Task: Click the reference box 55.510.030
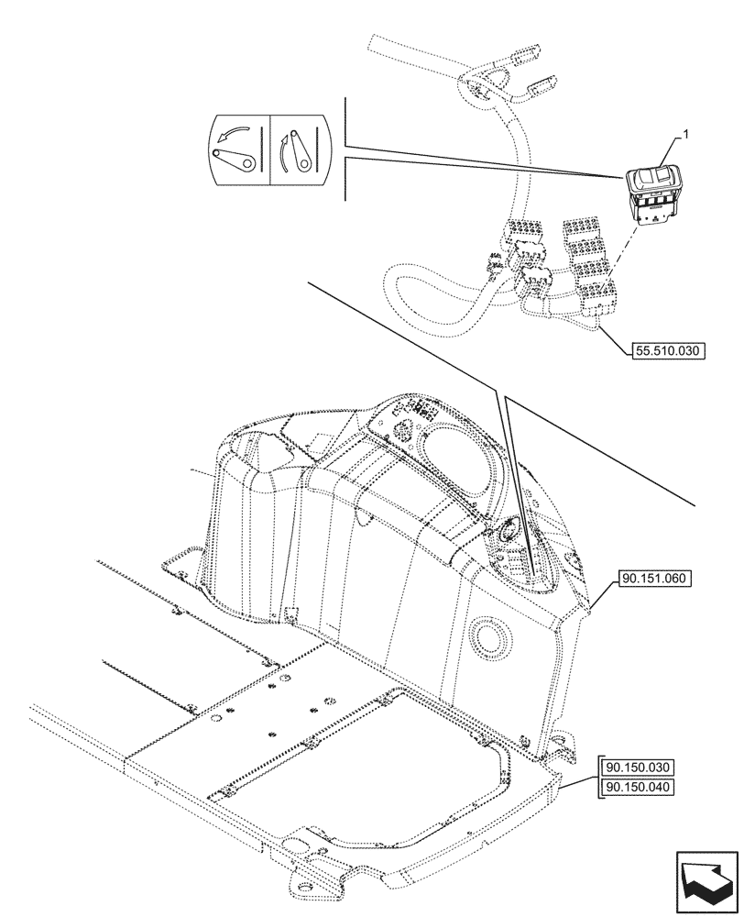(668, 349)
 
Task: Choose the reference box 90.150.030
(638, 768)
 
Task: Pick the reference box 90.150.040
(638, 788)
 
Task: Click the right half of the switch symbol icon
(300, 150)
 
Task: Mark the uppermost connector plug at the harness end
(479, 81)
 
